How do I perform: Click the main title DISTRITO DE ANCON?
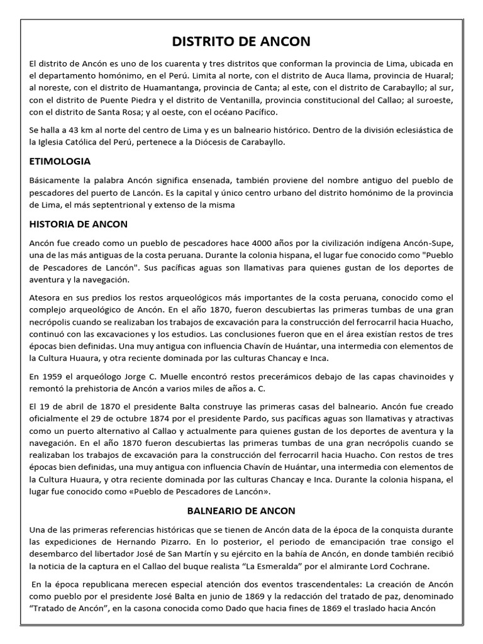pyautogui.click(x=241, y=42)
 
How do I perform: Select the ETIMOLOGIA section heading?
pyautogui.click(x=60, y=162)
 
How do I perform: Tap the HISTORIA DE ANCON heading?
pyautogui.click(x=79, y=224)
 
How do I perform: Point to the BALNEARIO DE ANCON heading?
pyautogui.click(x=241, y=511)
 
